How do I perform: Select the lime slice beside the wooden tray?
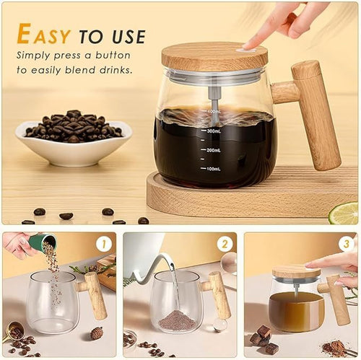click(x=344, y=213)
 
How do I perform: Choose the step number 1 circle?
click(x=103, y=245)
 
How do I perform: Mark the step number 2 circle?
click(x=225, y=245)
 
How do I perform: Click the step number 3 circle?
click(x=346, y=245)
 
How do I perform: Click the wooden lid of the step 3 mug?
click(x=295, y=271)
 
